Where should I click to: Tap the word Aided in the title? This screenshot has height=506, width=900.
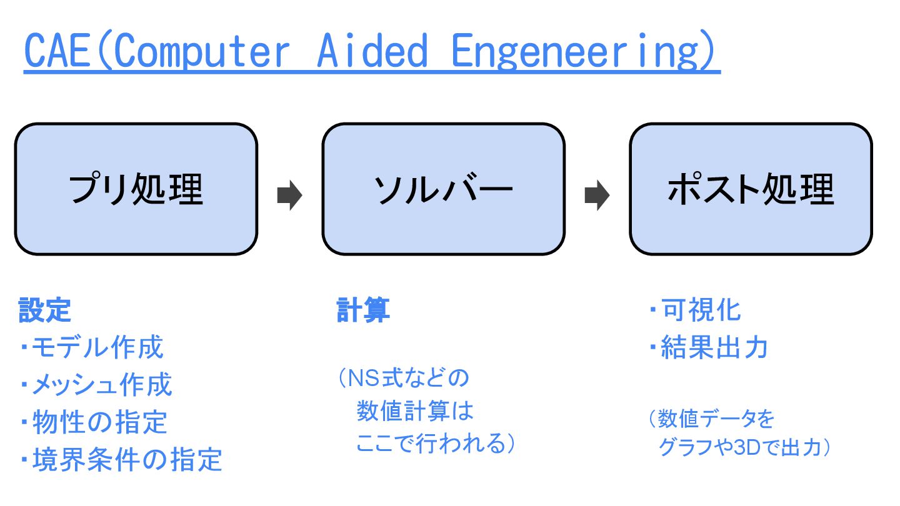[372, 51]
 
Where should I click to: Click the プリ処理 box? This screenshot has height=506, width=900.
[136, 189]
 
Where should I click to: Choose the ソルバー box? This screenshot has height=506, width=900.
[443, 189]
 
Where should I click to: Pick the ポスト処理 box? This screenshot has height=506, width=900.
[750, 189]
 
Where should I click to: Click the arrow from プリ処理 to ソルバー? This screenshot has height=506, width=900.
[289, 196]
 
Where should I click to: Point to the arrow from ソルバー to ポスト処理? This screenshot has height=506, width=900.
[597, 196]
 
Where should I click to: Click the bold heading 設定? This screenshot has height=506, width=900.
[45, 310]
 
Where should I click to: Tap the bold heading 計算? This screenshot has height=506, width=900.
[363, 310]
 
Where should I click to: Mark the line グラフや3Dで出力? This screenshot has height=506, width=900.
[744, 447]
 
